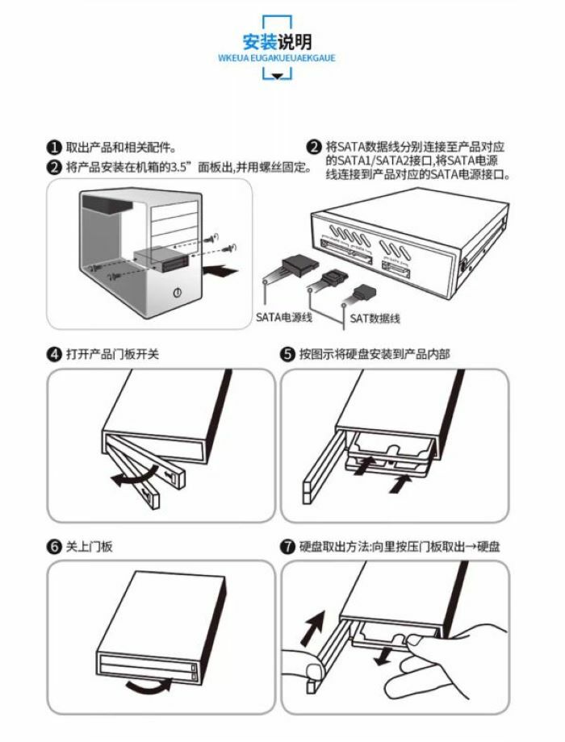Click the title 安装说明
[277, 41]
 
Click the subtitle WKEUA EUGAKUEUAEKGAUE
[277, 58]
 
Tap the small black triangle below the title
[277, 76]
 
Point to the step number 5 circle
[287, 353]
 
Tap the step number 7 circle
[287, 547]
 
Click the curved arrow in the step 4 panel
[128, 479]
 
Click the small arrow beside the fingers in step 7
[385, 653]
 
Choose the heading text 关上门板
[90, 547]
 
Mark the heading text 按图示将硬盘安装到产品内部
[375, 353]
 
